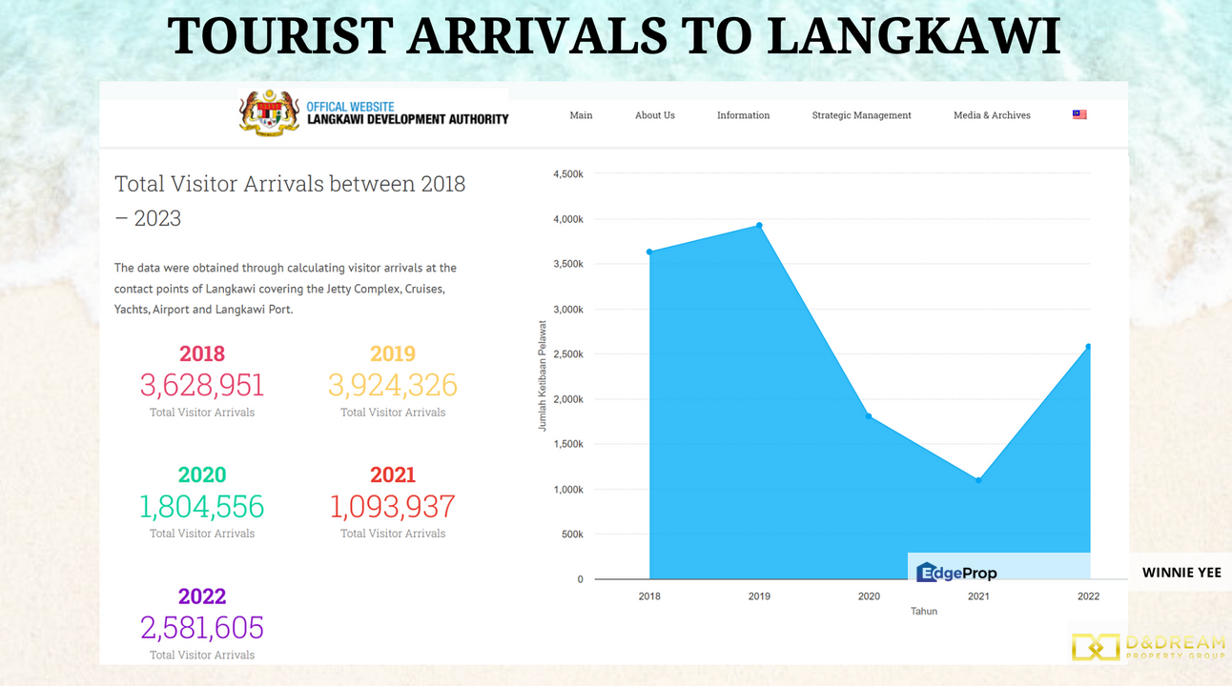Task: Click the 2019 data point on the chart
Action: point(759,226)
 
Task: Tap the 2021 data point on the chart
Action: point(978,480)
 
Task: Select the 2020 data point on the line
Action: point(869,416)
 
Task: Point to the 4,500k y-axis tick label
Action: point(567,174)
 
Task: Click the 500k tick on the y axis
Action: point(572,535)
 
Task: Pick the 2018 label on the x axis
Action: point(649,596)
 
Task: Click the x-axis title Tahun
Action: point(923,611)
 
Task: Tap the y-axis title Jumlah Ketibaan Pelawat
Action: point(543,375)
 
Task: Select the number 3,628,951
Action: point(202,385)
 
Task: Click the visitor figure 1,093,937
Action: point(393,506)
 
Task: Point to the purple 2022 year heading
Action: point(202,596)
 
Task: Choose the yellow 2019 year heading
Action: point(393,353)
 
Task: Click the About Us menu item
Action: point(655,115)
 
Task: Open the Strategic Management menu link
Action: point(861,115)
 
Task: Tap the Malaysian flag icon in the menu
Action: point(1079,114)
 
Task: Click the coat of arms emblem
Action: point(269,114)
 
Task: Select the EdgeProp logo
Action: point(956,573)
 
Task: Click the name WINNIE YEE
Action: point(1181,573)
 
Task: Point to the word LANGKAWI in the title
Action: point(914,36)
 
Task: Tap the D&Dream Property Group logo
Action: point(1147,647)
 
